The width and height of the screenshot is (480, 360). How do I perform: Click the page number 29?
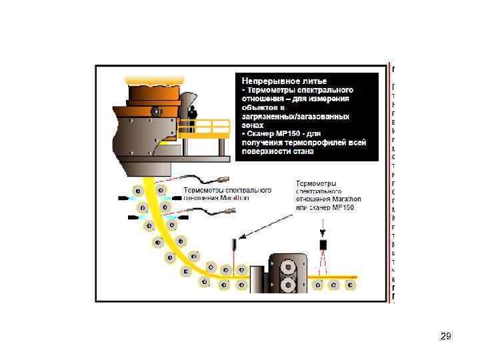pyautogui.click(x=446, y=337)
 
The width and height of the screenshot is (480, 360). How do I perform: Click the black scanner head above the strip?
pyautogui.click(x=323, y=245)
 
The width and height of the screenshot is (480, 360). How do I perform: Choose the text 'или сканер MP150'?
pyautogui.click(x=325, y=208)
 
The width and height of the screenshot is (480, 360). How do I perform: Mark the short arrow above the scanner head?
pyautogui.click(x=323, y=234)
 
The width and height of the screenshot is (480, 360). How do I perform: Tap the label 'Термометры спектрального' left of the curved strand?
pyautogui.click(x=227, y=190)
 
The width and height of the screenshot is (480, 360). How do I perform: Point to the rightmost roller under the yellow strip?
pyautogui.click(x=351, y=286)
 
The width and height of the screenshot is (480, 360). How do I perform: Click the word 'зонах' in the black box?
pyautogui.click(x=253, y=124)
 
